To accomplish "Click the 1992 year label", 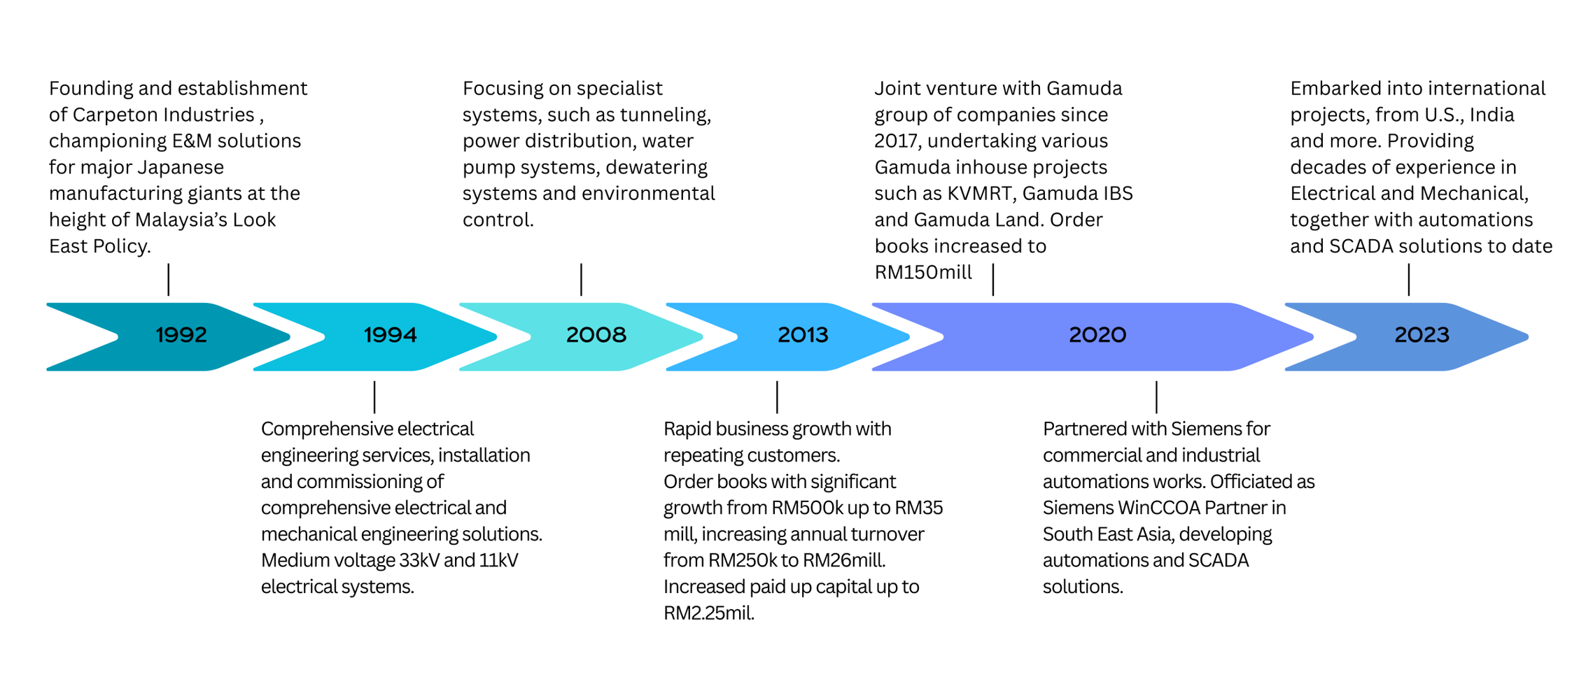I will click(x=181, y=336).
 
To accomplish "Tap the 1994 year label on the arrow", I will click(x=390, y=336).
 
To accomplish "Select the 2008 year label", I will click(x=596, y=336).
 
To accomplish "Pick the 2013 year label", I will click(x=803, y=336).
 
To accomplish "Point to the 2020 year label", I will click(x=1097, y=336).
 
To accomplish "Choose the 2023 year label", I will click(x=1422, y=336).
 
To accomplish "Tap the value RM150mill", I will click(x=923, y=273).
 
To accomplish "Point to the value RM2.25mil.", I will click(x=708, y=613).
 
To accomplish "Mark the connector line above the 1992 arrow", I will click(x=169, y=280).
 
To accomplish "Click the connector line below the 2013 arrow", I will click(x=777, y=397).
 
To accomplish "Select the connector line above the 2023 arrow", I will click(x=1408, y=280).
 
